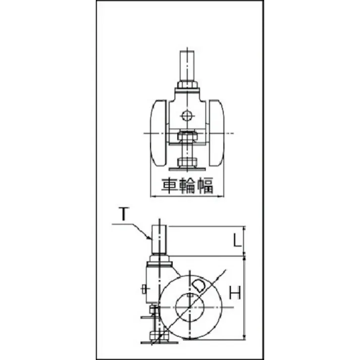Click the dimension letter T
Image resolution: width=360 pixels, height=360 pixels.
tap(124, 214)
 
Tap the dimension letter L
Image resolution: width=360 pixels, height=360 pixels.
tap(237, 240)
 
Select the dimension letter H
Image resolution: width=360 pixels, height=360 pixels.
tap(235, 292)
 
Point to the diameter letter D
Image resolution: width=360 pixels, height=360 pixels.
tap(198, 286)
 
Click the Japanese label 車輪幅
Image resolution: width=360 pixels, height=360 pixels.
tap(187, 185)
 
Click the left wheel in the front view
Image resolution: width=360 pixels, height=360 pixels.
tap(159, 133)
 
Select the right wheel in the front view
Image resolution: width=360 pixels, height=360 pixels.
tap(216, 133)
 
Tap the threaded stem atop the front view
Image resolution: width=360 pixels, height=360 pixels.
tap(187, 66)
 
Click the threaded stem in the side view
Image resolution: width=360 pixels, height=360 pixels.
tap(160, 239)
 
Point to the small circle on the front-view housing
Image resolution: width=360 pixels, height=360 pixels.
tap(187, 116)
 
